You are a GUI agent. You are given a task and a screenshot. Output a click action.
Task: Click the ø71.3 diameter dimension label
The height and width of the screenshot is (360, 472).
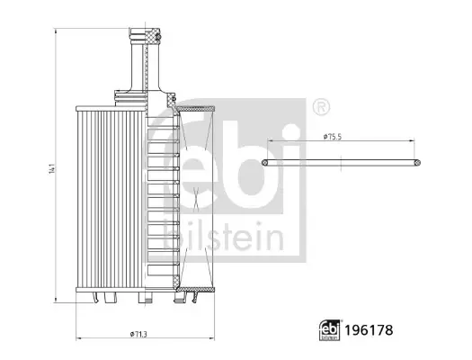click(138, 334)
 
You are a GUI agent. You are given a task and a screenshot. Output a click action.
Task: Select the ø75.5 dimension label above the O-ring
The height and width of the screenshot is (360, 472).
click(333, 137)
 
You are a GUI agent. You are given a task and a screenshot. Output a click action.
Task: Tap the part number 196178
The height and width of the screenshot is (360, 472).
click(369, 330)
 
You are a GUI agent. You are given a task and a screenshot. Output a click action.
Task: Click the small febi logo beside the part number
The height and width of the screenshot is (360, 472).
click(330, 330)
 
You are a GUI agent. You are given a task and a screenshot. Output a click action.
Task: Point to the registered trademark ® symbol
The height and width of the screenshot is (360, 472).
click(322, 106)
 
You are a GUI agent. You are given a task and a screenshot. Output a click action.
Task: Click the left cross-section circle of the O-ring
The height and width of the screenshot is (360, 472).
click(265, 163)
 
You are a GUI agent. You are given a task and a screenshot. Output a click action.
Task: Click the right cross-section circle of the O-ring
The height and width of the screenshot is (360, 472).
click(417, 163)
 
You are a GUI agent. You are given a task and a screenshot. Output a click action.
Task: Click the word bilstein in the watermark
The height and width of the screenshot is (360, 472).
click(223, 237)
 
